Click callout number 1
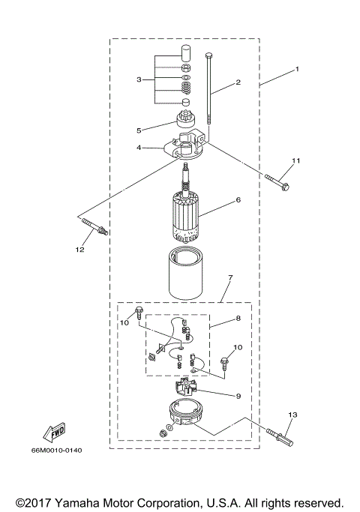297,69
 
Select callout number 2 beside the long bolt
238,82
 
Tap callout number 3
139,79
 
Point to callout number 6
238,200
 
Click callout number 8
238,319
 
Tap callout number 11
295,160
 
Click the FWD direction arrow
55,434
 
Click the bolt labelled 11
277,179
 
